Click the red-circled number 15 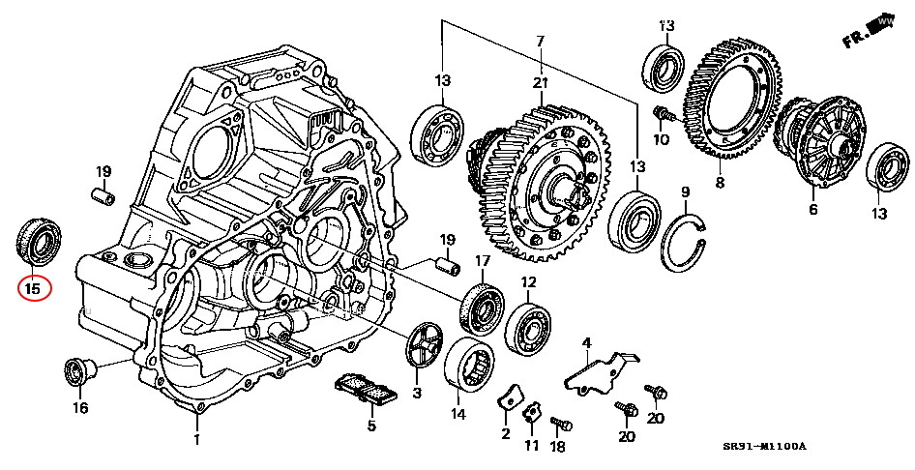click(x=33, y=287)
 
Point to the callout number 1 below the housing click(x=196, y=440)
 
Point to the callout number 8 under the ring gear click(x=719, y=182)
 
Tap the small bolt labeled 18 click(x=560, y=424)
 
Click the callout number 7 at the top click(x=540, y=41)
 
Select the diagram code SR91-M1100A click(x=763, y=447)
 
